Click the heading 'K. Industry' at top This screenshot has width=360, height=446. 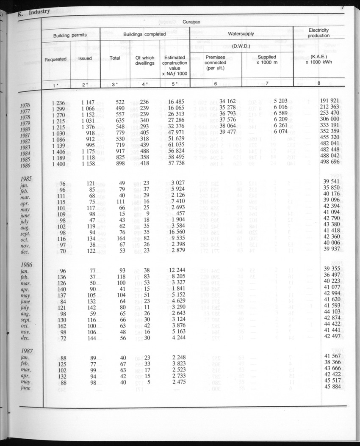(33, 12)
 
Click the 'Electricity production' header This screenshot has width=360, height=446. (318, 33)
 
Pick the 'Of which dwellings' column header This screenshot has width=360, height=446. (144, 60)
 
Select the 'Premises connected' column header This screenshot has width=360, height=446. (215, 63)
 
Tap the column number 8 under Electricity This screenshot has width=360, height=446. (318, 83)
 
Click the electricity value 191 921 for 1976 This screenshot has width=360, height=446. (330, 101)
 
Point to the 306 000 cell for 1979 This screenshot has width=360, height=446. (330, 119)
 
